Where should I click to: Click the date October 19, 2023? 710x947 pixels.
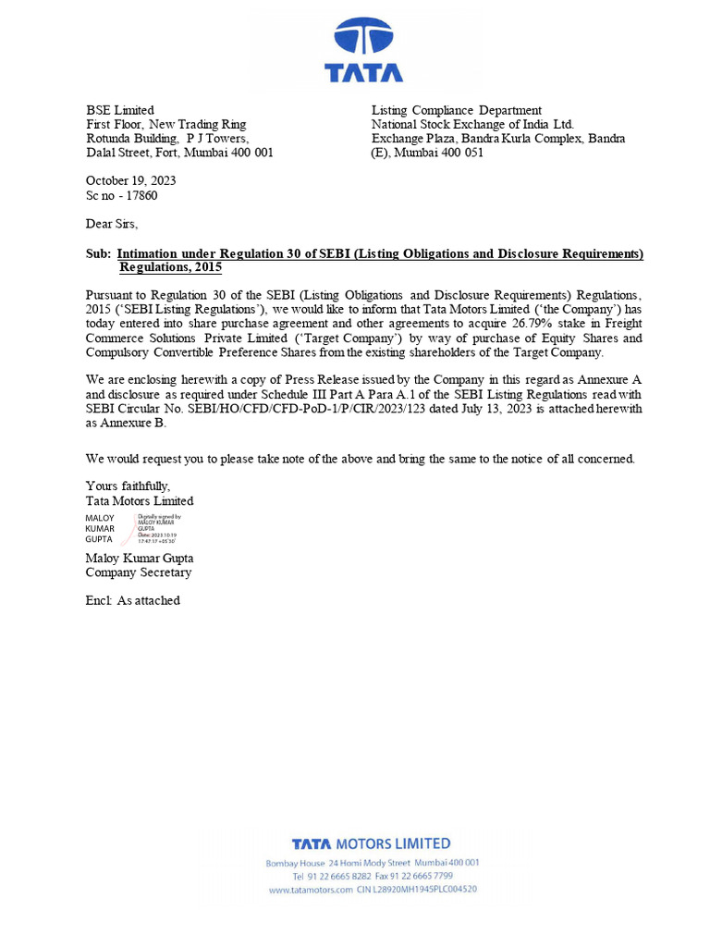click(130, 181)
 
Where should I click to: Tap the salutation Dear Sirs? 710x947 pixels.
click(112, 224)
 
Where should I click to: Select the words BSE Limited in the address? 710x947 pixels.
click(120, 110)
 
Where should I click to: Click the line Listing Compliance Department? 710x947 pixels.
click(456, 110)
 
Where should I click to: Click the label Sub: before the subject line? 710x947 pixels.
click(98, 254)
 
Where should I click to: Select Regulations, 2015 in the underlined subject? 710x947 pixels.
click(170, 268)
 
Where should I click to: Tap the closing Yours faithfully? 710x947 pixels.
click(128, 486)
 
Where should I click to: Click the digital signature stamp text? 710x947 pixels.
click(159, 530)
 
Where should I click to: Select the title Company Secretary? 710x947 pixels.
click(139, 572)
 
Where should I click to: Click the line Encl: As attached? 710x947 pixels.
click(132, 601)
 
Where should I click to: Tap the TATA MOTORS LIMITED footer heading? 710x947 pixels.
click(371, 843)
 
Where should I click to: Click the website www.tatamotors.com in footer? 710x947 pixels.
click(311, 890)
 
